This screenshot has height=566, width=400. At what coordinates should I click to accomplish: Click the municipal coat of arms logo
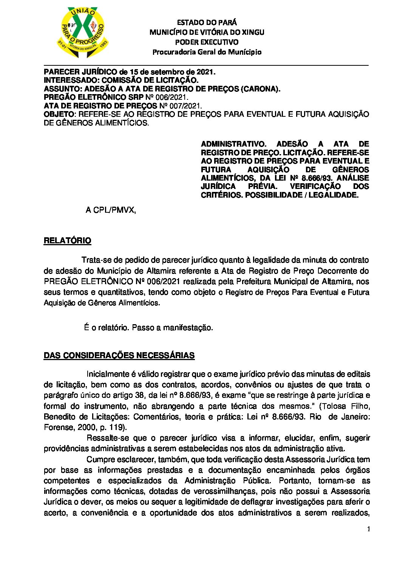click(x=83, y=32)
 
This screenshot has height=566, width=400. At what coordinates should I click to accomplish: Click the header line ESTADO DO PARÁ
click(x=207, y=23)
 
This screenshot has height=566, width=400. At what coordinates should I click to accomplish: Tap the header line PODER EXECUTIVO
click(x=207, y=42)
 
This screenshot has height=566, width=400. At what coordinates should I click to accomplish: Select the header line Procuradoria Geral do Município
click(x=207, y=52)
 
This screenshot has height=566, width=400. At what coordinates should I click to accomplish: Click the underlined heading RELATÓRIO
click(x=67, y=241)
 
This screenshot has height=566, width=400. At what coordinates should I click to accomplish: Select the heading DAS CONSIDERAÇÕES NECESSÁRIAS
click(x=119, y=356)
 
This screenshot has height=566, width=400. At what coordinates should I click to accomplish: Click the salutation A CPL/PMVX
click(x=110, y=210)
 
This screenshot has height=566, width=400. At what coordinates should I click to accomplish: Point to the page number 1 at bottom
click(x=368, y=529)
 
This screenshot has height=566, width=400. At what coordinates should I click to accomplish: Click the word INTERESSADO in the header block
click(x=71, y=80)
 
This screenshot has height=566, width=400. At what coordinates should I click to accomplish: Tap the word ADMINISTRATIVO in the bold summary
click(x=233, y=144)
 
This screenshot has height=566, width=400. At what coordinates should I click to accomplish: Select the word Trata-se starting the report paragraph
click(x=96, y=260)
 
